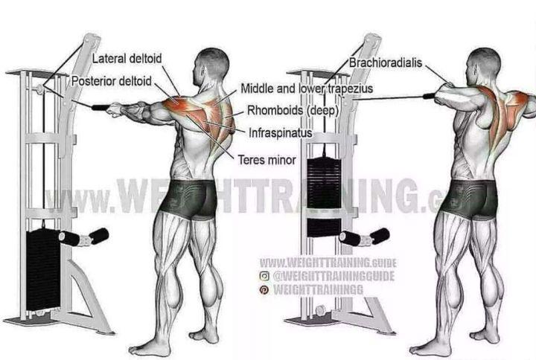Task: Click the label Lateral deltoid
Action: click(127, 59)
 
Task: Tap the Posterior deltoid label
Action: click(112, 81)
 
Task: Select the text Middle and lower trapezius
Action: click(307, 89)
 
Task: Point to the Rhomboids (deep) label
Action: click(293, 111)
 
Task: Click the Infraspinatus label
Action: click(281, 133)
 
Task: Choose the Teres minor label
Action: click(267, 160)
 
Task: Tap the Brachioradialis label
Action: click(386, 62)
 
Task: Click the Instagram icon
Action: click(264, 276)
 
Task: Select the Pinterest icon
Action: click(264, 290)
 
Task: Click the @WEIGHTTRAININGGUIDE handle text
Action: click(334, 276)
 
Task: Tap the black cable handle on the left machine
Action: click(100, 108)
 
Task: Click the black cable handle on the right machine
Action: click(429, 96)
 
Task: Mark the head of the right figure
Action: click(482, 67)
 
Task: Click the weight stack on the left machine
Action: click(43, 270)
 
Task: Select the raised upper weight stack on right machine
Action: click(324, 183)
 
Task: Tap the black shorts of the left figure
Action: click(188, 199)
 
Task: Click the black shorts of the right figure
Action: click(470, 199)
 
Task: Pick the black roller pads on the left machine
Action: click(84, 237)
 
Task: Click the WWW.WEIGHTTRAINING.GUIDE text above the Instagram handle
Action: click(328, 263)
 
